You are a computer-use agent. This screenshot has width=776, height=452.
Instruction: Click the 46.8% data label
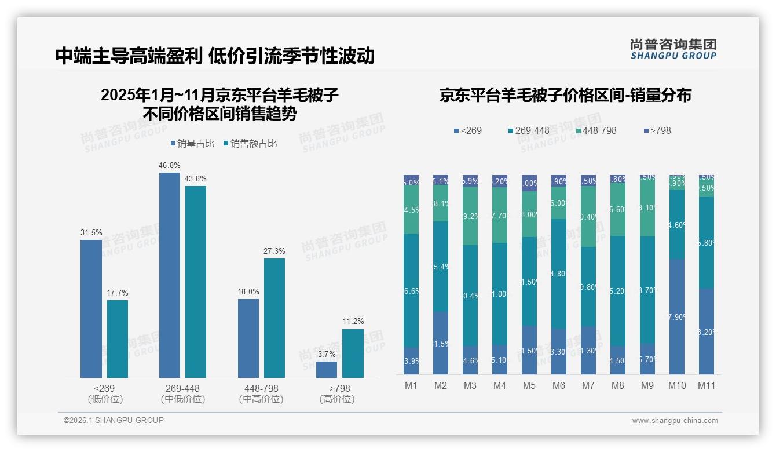[169, 166]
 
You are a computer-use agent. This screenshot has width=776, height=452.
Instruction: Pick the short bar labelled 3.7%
[327, 369]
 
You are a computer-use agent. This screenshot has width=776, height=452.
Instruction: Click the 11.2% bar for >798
[353, 353]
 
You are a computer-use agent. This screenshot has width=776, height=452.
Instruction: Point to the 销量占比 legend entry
[193, 144]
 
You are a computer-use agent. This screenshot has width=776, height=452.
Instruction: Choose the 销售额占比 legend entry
[249, 144]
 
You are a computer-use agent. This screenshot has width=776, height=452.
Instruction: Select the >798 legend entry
[657, 130]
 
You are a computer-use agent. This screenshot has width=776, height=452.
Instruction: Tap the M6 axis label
[559, 385]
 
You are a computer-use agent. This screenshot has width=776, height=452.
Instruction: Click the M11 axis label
[706, 385]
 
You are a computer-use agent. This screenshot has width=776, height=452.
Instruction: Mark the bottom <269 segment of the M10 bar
[676, 316]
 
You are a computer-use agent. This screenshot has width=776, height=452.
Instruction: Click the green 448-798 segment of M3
[470, 216]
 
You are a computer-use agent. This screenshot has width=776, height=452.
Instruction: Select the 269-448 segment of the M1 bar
[411, 290]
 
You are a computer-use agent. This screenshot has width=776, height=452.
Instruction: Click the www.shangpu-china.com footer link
[675, 421]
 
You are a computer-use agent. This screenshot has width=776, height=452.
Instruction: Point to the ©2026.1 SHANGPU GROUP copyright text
[114, 420]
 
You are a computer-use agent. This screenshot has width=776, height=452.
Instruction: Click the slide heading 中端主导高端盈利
[129, 56]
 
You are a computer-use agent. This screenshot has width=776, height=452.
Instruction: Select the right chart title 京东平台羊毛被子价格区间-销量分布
[565, 96]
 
